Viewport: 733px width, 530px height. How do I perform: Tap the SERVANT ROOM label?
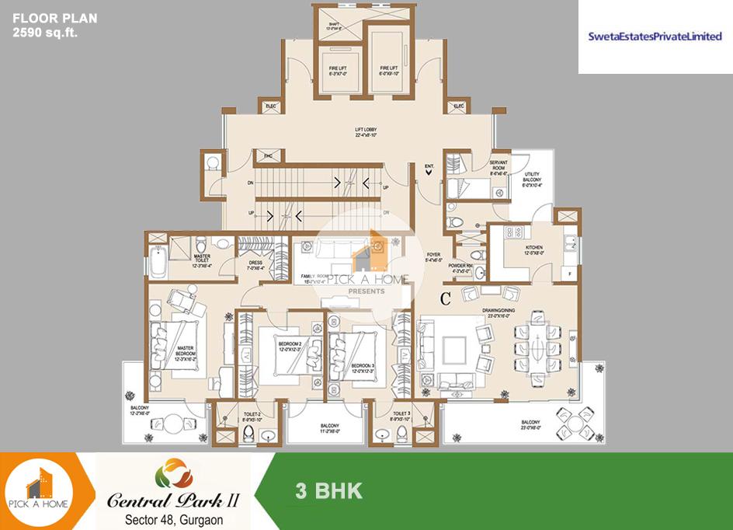[499, 165]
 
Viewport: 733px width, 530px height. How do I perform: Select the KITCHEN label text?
[533, 250]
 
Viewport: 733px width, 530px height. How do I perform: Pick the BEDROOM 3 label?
[363, 367]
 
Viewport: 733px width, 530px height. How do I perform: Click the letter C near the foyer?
[445, 296]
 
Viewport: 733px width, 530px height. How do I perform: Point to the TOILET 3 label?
[401, 416]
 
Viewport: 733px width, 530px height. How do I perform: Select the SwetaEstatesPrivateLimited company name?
[655, 37]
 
